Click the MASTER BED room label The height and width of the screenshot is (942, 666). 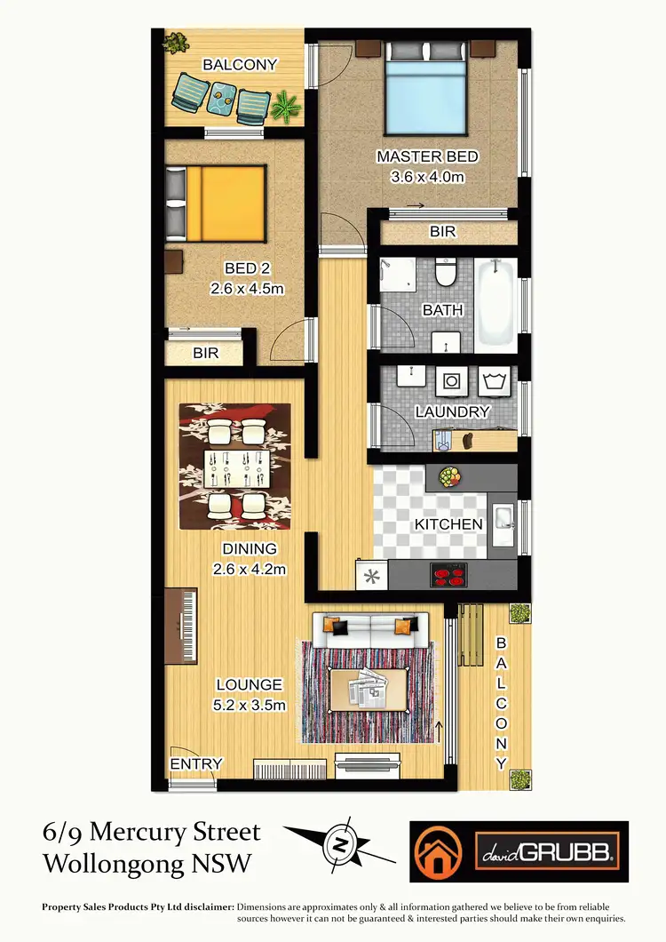coord(427,157)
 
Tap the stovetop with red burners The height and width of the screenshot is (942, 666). coord(448,575)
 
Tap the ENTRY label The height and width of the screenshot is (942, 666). coord(196,763)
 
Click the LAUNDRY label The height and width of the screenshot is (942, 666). coord(453,412)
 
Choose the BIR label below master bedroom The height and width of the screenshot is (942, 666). coord(442,231)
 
